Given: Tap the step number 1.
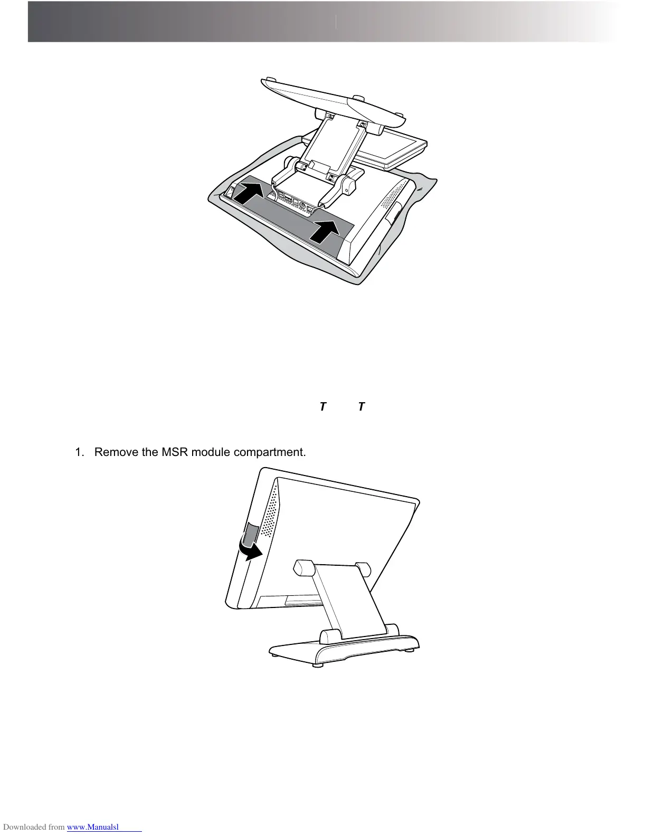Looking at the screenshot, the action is coord(79,452).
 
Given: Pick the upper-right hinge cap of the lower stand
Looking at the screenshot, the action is coord(363,569).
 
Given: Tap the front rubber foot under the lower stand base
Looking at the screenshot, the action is coord(317,664).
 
